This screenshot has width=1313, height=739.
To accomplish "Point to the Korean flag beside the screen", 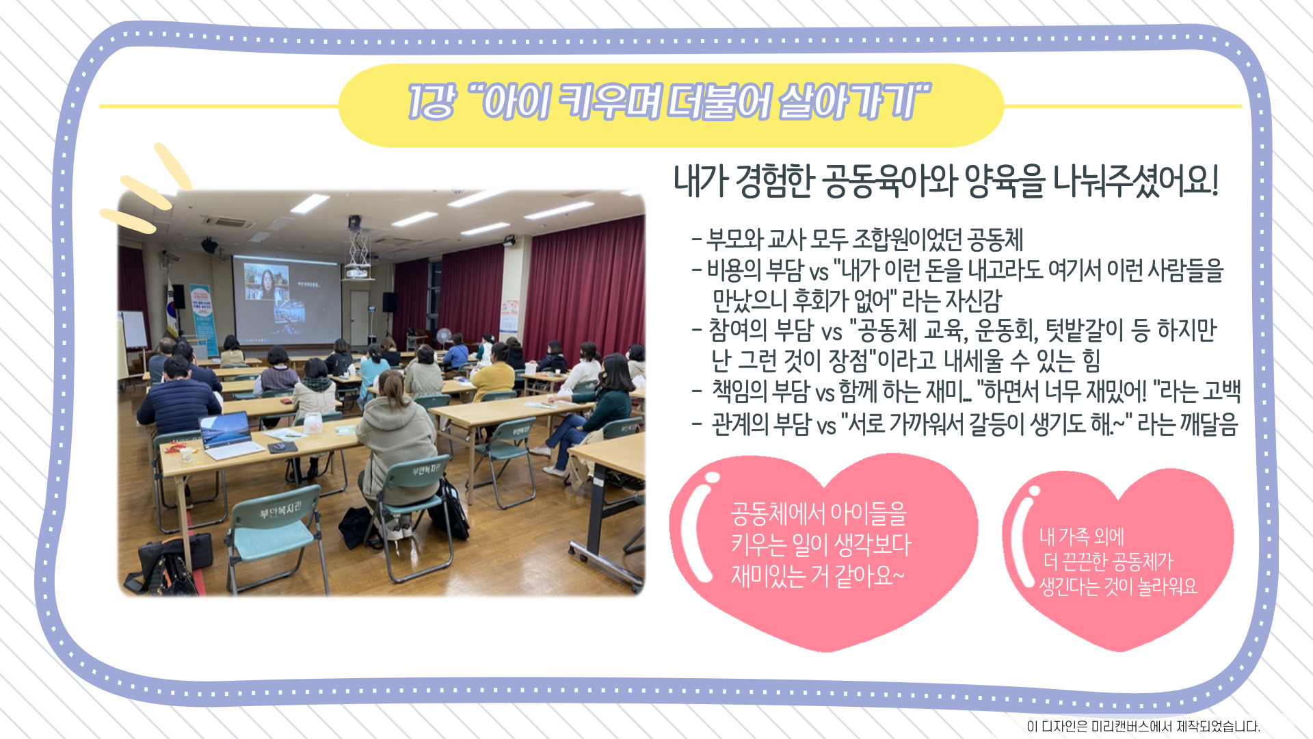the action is coord(172,308).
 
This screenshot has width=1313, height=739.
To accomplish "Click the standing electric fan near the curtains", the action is coord(444,338).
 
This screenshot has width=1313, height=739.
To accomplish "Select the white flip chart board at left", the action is coord(134,330).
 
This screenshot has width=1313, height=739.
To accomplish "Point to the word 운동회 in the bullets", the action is coord(1005,330).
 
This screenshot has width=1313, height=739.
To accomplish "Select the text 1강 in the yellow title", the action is coord(431,103).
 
